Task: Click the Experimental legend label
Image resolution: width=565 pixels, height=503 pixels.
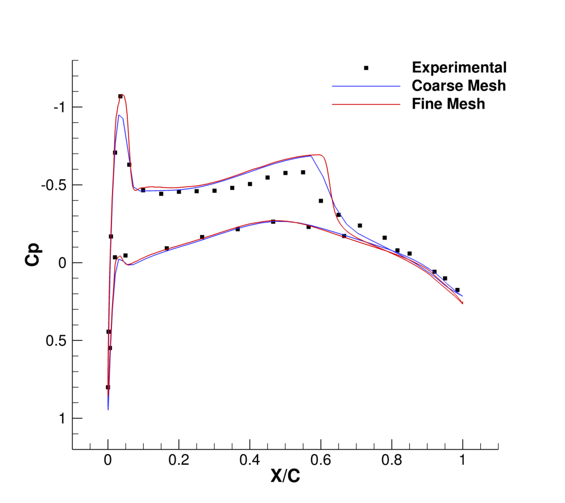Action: [x=459, y=68]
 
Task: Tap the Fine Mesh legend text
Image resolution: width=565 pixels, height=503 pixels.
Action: [x=448, y=104]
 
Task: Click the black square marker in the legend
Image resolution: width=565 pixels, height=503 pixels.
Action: [x=366, y=68]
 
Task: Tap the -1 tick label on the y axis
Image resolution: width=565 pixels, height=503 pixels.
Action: [x=59, y=108]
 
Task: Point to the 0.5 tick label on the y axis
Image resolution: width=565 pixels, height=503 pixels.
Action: [x=56, y=341]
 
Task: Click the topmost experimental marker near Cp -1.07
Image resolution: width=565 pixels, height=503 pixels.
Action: [x=121, y=97]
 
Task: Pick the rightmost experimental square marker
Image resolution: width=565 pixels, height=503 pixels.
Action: [x=457, y=290]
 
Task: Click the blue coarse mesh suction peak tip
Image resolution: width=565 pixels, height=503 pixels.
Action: [x=119, y=116]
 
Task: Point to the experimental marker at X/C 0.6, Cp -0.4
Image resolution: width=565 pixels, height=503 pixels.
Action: [x=321, y=201]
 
